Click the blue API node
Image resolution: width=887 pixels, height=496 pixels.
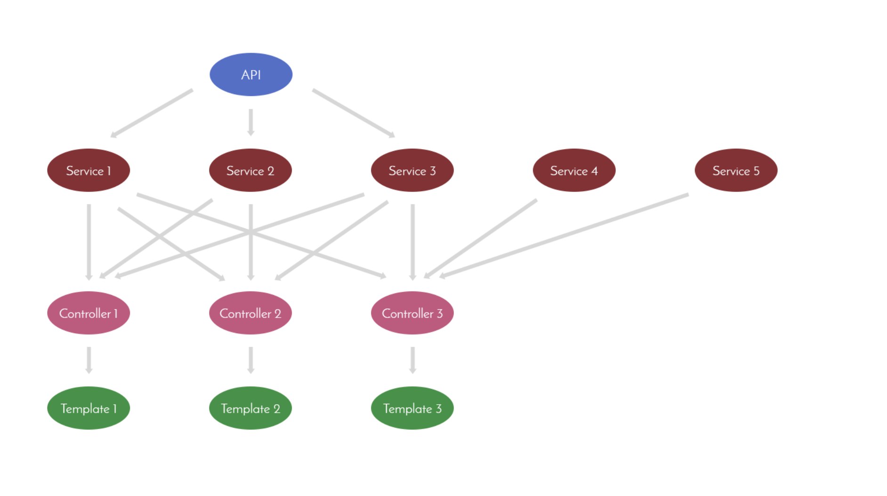click(251, 74)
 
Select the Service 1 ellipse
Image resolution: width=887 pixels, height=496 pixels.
click(89, 170)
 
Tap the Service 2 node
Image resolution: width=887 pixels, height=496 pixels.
click(250, 170)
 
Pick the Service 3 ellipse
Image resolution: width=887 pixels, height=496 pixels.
click(412, 170)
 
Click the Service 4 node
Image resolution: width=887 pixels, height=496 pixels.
click(574, 170)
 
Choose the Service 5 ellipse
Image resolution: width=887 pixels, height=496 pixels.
click(736, 170)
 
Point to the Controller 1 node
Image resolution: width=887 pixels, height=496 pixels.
click(89, 313)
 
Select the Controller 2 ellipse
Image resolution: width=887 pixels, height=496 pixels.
click(250, 313)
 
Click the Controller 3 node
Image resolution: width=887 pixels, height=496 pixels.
click(412, 313)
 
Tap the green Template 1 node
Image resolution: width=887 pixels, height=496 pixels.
click(89, 408)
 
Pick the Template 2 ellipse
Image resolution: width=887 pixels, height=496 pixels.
click(250, 408)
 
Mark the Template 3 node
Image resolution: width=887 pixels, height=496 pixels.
click(412, 408)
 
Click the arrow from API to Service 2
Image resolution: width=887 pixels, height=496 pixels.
click(251, 122)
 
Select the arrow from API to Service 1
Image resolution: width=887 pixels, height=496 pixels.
click(152, 113)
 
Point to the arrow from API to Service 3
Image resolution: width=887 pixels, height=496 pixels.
click(353, 113)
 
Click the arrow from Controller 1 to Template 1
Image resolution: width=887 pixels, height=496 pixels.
click(89, 360)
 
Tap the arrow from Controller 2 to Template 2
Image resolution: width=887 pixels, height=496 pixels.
click(251, 360)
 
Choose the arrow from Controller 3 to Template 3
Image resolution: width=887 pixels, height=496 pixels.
click(413, 360)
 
